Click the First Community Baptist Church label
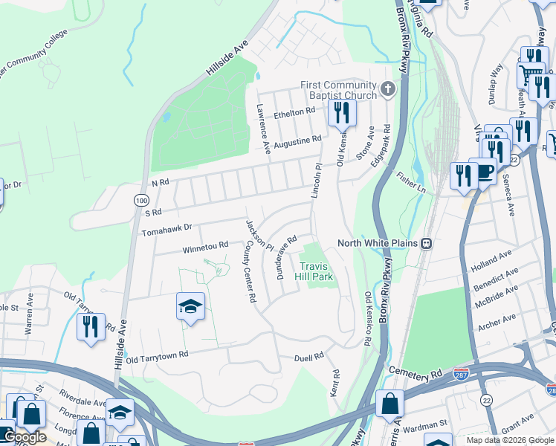click(x=339, y=90)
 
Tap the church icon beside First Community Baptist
click(x=387, y=90)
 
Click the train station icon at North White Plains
click(x=427, y=243)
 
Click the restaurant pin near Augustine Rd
click(x=342, y=112)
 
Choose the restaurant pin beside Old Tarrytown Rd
click(x=91, y=326)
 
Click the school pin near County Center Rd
click(x=190, y=306)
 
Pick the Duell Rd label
click(x=308, y=357)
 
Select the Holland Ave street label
click(x=492, y=261)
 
